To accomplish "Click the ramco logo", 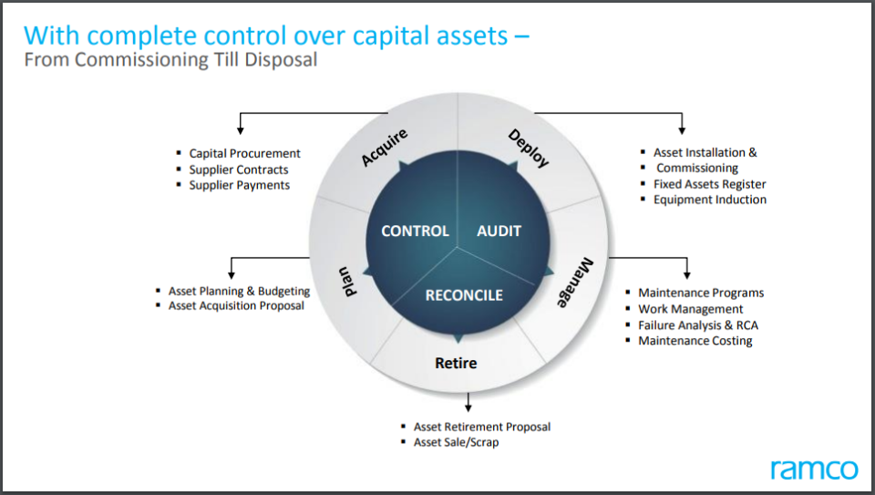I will tap(813, 469).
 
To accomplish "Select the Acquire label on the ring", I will tap(385, 148).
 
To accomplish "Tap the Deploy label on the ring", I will tap(529, 148).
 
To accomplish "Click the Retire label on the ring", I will tap(455, 363).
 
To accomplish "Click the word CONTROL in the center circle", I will tap(415, 232).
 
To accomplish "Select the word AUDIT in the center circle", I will tap(499, 232).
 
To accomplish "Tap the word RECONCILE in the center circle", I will tap(464, 294).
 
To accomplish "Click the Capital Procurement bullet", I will tap(244, 153).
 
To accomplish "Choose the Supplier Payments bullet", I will tap(239, 185).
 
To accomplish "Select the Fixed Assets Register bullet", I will tap(709, 184).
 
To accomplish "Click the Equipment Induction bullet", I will tap(709, 200).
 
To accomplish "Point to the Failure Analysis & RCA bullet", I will tap(697, 325).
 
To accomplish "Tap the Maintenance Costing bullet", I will tap(695, 341).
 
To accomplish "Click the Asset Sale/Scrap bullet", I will tap(456, 442).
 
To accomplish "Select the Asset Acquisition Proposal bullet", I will tap(236, 306).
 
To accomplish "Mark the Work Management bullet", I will tap(690, 309).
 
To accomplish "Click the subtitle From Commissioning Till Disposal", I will tap(171, 60).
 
